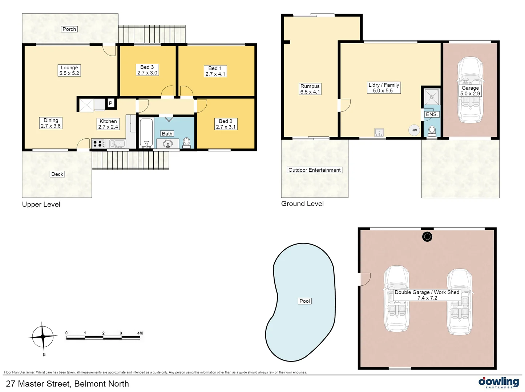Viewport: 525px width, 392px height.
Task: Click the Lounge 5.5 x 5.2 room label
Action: tap(69, 70)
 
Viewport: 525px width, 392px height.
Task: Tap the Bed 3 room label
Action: tap(147, 70)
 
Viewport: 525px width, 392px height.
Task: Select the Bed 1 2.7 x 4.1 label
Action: tap(215, 71)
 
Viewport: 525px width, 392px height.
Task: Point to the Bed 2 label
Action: tap(226, 124)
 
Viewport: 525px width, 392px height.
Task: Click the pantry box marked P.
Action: tap(111, 103)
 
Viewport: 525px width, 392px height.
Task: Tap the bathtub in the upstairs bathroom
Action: tap(146, 132)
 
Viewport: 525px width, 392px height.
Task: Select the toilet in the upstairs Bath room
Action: tap(186, 142)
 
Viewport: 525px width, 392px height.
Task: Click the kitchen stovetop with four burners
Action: tap(97, 144)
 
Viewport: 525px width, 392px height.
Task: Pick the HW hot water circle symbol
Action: tap(414, 130)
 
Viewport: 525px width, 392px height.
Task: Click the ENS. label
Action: tap(432, 114)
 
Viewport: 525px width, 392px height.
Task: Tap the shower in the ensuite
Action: tap(432, 97)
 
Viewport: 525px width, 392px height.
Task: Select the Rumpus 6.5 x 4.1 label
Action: tap(310, 89)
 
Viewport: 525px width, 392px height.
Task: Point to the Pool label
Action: tap(304, 301)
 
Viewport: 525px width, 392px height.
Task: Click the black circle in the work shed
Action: tap(427, 237)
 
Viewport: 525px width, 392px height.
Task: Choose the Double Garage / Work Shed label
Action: tap(427, 295)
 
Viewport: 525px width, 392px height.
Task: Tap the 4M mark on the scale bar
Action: tap(140, 333)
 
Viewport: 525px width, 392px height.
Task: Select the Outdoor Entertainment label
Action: tap(314, 170)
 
